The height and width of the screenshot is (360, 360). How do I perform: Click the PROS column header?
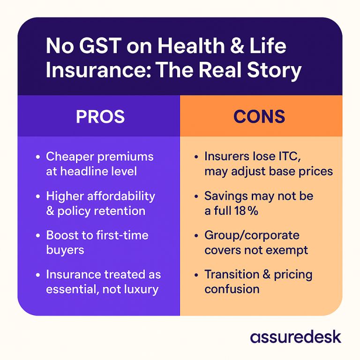100,116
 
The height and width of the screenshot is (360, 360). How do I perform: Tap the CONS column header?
259,116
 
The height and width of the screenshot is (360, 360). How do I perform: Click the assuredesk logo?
295,337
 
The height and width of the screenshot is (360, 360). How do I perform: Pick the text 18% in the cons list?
247,210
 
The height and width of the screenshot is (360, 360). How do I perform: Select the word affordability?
121,196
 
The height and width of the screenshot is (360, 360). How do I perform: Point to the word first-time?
122,235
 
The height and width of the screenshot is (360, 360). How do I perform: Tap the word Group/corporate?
252,236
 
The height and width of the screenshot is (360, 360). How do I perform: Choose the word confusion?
232,289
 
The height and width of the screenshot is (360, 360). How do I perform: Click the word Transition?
232,274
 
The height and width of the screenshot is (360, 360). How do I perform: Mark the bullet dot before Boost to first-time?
38,236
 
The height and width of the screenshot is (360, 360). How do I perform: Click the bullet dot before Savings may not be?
196,196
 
